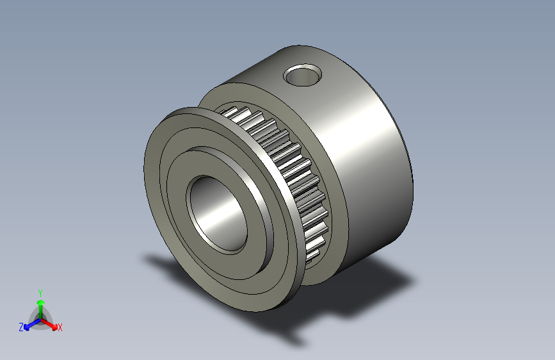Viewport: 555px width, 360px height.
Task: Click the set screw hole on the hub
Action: pyautogui.click(x=302, y=75)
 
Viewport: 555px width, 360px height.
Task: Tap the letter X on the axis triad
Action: pyautogui.click(x=60, y=328)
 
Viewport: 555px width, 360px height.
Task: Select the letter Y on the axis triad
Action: pyautogui.click(x=40, y=291)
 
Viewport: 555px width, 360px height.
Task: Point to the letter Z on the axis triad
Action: pyautogui.click(x=21, y=327)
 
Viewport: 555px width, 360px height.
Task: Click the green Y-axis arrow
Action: pyautogui.click(x=40, y=304)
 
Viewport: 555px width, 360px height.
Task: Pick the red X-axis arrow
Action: pyautogui.click(x=51, y=323)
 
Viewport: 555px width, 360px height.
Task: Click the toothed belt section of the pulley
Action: pyautogui.click(x=288, y=167)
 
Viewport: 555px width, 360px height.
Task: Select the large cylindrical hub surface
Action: pyautogui.click(x=365, y=160)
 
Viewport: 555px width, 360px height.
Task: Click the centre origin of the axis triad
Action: pyautogui.click(x=40, y=318)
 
